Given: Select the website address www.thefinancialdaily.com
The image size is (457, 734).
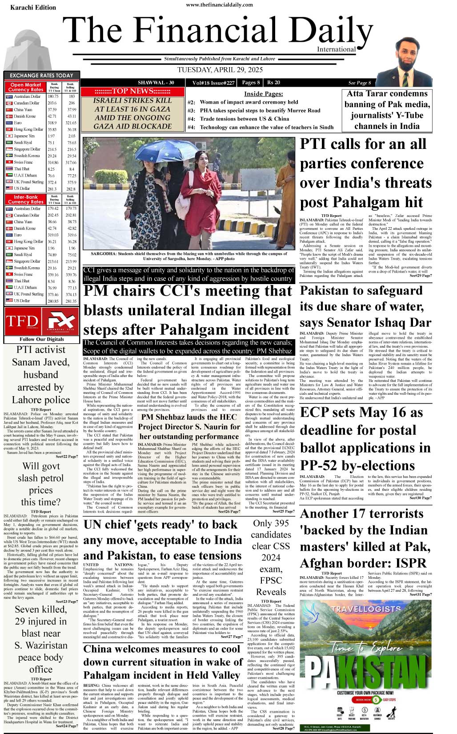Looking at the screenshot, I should (219, 5).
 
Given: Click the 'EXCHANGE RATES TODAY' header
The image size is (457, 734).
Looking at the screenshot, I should (41, 76).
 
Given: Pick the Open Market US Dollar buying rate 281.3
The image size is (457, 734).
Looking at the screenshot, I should (53, 189).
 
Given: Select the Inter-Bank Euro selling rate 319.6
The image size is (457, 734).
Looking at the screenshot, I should (71, 235).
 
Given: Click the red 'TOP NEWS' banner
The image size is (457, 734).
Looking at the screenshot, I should (132, 91).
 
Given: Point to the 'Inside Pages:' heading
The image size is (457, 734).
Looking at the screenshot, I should (263, 94).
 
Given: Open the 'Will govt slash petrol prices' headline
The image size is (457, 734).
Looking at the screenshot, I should (41, 484).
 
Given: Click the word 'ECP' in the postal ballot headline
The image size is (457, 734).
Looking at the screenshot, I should (319, 413).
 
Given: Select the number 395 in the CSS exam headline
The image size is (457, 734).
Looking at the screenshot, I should (280, 523).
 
